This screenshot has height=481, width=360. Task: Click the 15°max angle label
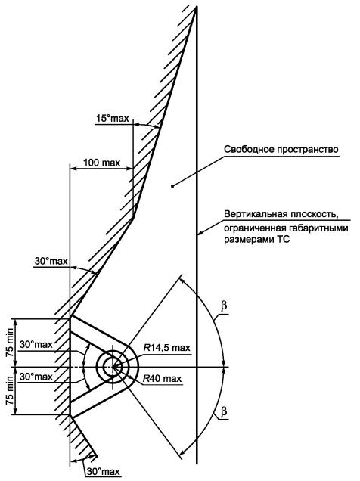coord(113,118)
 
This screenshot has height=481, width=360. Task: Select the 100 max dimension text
coord(102,163)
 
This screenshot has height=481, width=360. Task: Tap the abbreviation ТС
coord(284,240)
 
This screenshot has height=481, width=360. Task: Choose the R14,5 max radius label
coord(167,348)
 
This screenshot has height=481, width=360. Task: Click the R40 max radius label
coord(162,379)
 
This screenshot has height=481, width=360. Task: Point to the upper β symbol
coord(224,306)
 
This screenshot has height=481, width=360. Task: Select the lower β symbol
coord(224,411)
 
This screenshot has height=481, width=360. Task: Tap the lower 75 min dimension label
coord(10,391)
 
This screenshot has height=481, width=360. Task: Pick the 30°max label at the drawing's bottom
coord(103,471)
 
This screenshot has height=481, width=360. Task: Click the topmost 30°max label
coord(51,261)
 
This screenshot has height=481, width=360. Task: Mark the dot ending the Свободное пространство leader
coord(172,185)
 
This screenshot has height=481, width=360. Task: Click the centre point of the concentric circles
coord(113,366)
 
